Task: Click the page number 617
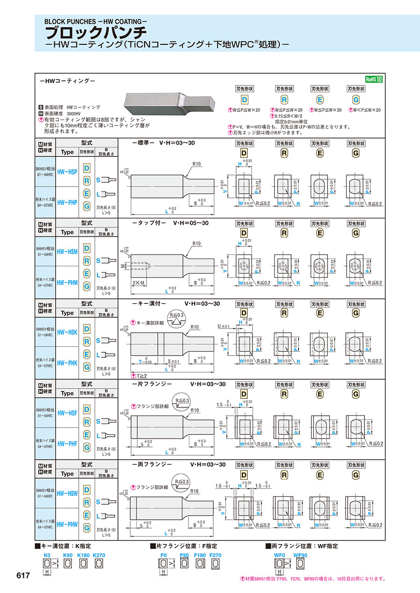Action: pyautogui.click(x=23, y=576)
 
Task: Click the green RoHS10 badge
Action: pyautogui.click(x=374, y=79)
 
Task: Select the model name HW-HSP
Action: pyautogui.click(x=67, y=172)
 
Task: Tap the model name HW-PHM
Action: pyautogui.click(x=67, y=282)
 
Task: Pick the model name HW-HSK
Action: pyautogui.click(x=67, y=332)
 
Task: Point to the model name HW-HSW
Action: pyautogui.click(x=67, y=493)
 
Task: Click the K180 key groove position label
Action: pyautogui.click(x=84, y=555)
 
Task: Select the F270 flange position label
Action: pyautogui.click(x=216, y=555)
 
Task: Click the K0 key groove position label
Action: pyautogui.click(x=47, y=555)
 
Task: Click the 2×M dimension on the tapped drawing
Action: pyautogui.click(x=138, y=283)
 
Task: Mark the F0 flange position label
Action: pyautogui.click(x=163, y=555)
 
